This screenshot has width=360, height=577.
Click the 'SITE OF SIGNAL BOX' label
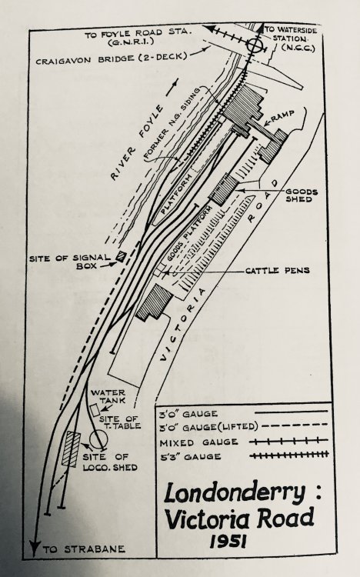click(69, 262)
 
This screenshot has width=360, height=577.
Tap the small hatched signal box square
click(120, 255)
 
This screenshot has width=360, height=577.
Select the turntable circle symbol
click(98, 439)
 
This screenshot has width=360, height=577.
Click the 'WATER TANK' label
click(108, 396)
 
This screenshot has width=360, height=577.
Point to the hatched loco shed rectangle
click(71, 449)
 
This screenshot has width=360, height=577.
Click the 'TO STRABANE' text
click(84, 549)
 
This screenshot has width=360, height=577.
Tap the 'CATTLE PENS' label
click(278, 271)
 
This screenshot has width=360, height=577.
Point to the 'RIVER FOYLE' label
click(136, 142)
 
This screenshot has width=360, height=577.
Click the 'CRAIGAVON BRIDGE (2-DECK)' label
click(112, 58)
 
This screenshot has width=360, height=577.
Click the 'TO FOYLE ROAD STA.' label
click(138, 37)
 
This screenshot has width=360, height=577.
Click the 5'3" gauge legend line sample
click(288, 455)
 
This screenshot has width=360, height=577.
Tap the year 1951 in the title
click(228, 542)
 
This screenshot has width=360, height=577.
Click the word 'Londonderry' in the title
click(235, 493)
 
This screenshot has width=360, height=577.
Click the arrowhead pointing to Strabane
click(35, 549)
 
